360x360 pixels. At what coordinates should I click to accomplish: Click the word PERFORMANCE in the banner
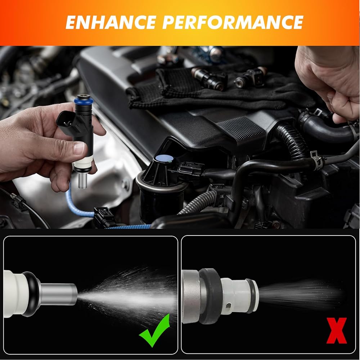233,22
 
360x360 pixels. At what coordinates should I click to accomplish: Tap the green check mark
154,330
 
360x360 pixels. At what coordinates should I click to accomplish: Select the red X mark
336,330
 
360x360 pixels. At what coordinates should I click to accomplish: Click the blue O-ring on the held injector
84,100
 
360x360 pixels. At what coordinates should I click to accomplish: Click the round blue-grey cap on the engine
165,158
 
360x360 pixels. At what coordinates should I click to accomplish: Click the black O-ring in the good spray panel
32,294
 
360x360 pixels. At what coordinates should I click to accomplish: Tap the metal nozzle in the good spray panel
59,294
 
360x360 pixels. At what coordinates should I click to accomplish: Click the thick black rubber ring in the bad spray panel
210,296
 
